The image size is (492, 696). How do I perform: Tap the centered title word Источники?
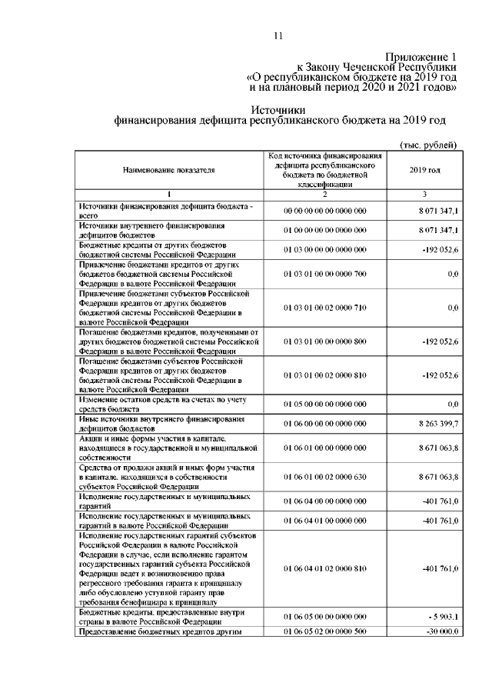[x=279, y=110]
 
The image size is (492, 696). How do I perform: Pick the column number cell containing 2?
[x=324, y=194]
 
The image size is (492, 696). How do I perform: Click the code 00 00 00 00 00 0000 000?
[x=324, y=210]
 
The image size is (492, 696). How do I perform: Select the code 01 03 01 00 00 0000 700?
[x=324, y=273]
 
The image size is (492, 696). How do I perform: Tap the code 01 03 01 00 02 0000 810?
[x=324, y=375]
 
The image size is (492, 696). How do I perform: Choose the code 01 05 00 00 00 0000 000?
[x=324, y=404]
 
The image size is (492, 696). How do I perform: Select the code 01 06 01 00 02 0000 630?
[x=324, y=477]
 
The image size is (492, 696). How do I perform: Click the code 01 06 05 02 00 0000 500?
[x=324, y=632]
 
